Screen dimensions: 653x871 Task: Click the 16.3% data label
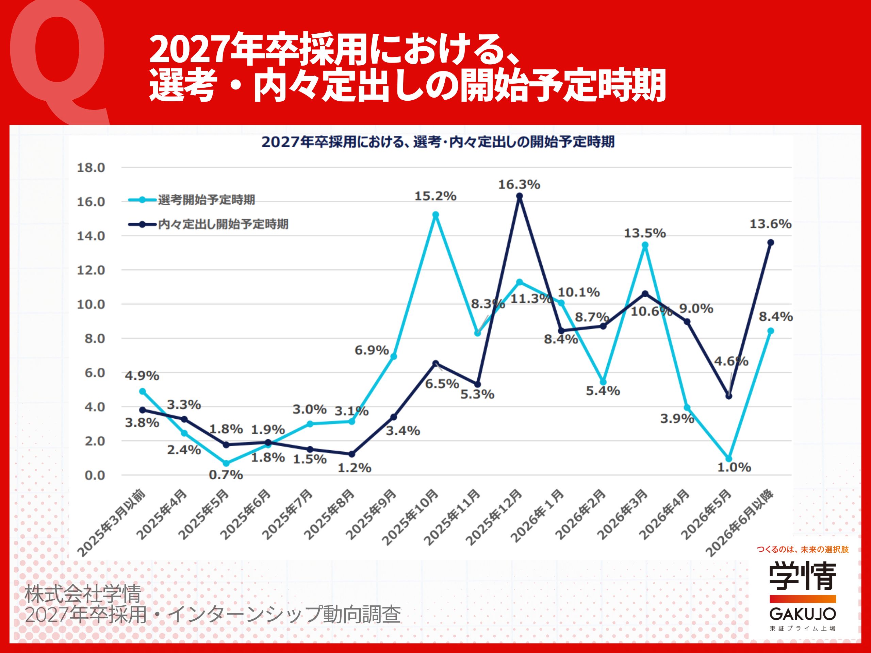(x=519, y=185)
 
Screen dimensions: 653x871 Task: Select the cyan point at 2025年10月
(x=435, y=215)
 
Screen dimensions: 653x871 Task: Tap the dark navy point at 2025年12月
(x=520, y=196)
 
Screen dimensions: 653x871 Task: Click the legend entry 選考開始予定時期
(x=206, y=200)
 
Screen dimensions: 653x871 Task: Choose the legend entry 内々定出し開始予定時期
(x=223, y=224)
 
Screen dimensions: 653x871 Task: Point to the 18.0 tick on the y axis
(x=91, y=168)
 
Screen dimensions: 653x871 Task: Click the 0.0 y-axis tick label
(x=95, y=475)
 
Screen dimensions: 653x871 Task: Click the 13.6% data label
(x=770, y=224)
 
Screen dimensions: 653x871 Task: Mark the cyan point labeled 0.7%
(x=226, y=463)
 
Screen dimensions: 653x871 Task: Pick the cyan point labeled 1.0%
(x=729, y=459)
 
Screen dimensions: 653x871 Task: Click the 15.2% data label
(x=435, y=196)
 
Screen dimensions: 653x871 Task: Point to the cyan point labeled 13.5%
(x=645, y=245)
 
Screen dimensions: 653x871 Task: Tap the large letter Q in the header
(x=59, y=59)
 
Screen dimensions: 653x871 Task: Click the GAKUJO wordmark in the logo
(x=803, y=614)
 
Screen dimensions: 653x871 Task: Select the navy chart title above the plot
(x=438, y=142)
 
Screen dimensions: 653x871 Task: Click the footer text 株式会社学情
(x=83, y=594)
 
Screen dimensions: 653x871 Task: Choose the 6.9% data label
(x=372, y=350)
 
